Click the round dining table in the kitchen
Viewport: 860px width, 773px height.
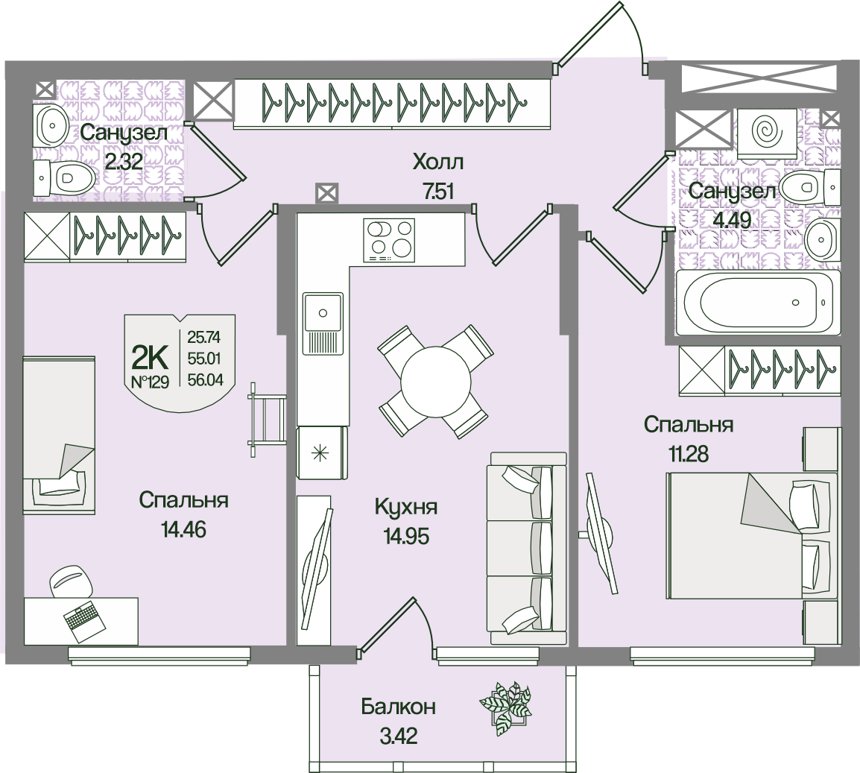(436, 382)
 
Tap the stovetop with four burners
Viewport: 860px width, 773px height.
(389, 240)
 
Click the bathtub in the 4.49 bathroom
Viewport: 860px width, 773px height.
(758, 303)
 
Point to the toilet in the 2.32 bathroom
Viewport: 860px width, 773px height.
(63, 177)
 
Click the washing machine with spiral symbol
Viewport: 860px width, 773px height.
(767, 134)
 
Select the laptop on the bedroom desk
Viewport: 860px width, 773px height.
(82, 621)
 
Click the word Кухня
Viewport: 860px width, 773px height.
(406, 508)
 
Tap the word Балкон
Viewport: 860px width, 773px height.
(398, 707)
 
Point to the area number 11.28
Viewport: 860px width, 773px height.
(688, 454)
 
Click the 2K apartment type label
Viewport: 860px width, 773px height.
(150, 358)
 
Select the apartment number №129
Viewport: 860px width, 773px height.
(150, 382)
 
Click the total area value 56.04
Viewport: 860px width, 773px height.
(205, 379)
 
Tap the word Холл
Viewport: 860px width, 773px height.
(437, 162)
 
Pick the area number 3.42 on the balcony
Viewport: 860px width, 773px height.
(398, 736)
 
